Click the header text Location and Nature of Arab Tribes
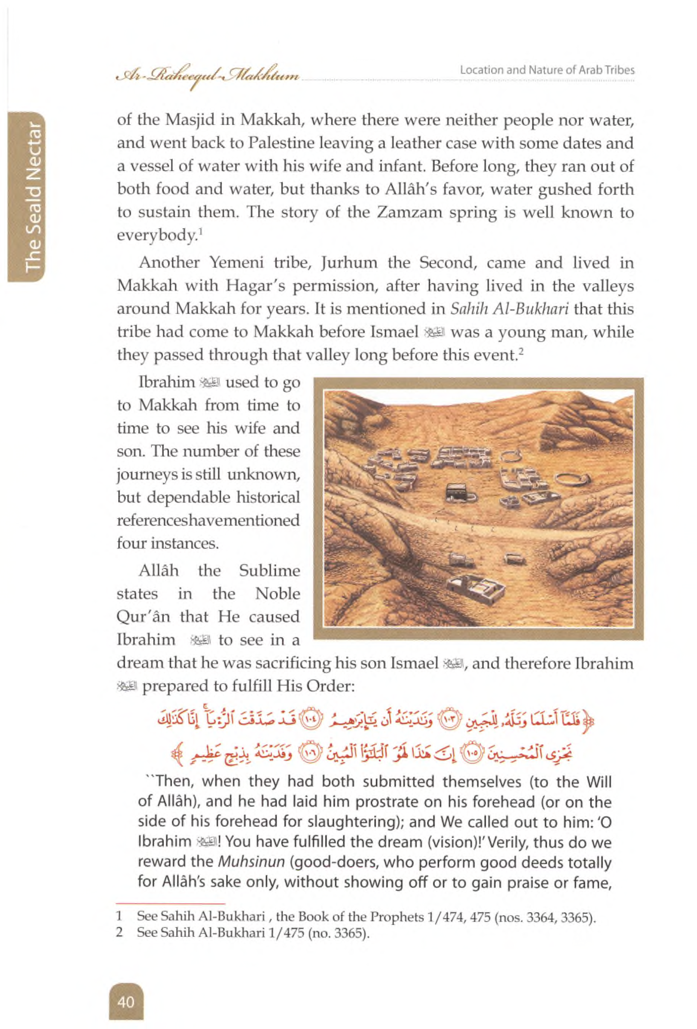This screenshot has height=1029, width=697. point(547,70)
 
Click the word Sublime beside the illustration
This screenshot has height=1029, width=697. point(269,571)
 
